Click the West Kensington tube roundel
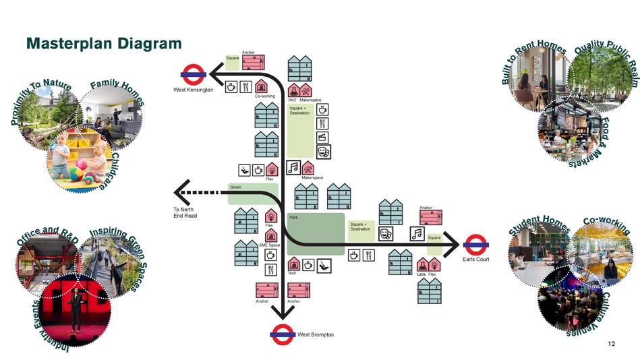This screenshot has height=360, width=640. pyautogui.click(x=194, y=74)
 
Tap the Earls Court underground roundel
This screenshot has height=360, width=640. pyautogui.click(x=475, y=245)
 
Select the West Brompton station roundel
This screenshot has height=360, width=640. pyautogui.click(x=282, y=334)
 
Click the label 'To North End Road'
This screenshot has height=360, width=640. pyautogui.click(x=185, y=212)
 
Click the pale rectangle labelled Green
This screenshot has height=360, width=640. pyautogui.click(x=252, y=193)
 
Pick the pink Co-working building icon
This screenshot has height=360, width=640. pyautogui.click(x=261, y=87)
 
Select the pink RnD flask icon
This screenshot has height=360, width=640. pyautogui.click(x=293, y=90)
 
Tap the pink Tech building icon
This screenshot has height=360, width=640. pyautogui.click(x=293, y=264)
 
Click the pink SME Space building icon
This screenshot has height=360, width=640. pyautogui.click(x=270, y=235)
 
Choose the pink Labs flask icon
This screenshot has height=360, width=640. pyautogui.click(x=421, y=265)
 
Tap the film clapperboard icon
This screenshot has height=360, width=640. pyautogui.click(x=322, y=138)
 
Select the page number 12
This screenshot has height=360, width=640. pyautogui.click(x=611, y=344)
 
